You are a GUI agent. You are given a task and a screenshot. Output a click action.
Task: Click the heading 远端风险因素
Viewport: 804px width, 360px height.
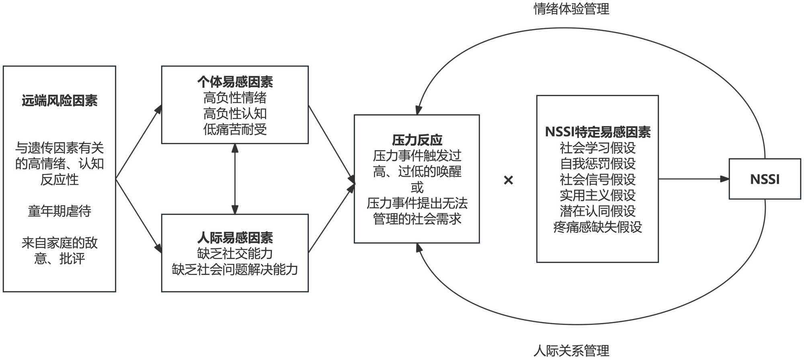59,101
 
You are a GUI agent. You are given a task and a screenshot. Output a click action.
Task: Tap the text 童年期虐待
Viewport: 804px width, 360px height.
59,211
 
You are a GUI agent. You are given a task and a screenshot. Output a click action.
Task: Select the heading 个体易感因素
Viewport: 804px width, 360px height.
235,82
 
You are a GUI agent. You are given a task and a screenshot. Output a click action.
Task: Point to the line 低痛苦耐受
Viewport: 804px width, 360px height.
235,130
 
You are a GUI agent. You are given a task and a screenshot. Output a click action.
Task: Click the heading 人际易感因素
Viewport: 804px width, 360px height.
235,238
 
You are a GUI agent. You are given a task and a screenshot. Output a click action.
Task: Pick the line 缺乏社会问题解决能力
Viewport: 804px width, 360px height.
235,269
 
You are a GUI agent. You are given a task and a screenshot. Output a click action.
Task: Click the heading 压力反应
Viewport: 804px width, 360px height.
417,140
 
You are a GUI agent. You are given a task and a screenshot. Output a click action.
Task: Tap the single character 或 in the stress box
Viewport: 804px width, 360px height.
417,187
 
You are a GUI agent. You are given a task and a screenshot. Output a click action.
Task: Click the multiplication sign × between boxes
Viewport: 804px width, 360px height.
508,180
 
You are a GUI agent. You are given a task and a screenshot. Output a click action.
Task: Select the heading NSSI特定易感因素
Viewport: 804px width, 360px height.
597,132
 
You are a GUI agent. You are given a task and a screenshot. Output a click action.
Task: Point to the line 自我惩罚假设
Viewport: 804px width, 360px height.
597,164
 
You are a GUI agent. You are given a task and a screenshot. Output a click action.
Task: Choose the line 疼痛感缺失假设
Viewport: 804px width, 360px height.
597,227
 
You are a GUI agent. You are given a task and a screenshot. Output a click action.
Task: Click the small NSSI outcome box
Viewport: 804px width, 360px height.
765,179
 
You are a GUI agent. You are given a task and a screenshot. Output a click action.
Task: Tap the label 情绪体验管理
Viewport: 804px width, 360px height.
571,8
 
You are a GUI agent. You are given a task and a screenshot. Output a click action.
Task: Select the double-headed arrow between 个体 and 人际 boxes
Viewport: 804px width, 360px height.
235,179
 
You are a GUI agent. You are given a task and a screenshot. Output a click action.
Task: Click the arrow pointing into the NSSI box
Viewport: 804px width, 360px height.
693,179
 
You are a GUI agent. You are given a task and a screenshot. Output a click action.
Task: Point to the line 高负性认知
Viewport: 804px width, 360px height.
235,113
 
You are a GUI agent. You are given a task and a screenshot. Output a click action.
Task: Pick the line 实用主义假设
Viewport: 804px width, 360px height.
597,195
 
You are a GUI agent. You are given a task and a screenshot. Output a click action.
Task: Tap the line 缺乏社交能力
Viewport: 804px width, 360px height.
235,253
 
